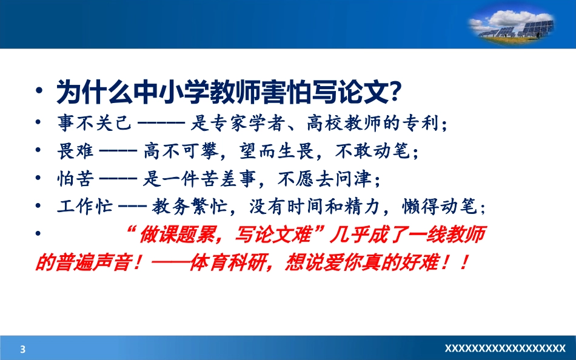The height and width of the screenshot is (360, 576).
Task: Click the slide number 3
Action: coord(23,348)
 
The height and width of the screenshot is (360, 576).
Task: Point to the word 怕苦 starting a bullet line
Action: coord(73,180)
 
